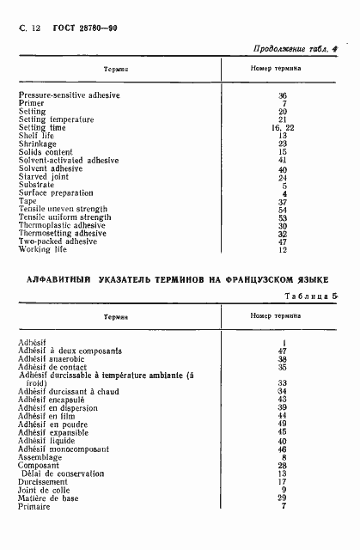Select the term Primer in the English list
click(x=31, y=103)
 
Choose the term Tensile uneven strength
click(x=63, y=209)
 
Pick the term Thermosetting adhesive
click(x=62, y=233)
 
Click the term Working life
click(x=40, y=249)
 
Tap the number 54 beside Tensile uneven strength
click(x=283, y=209)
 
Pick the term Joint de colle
click(x=43, y=490)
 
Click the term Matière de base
click(x=48, y=498)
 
